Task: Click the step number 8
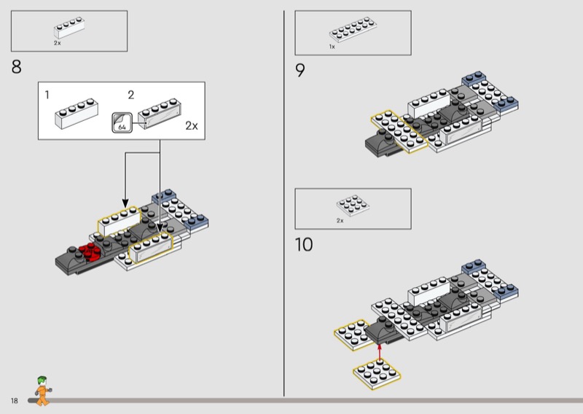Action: point(16,68)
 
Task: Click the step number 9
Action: point(300,71)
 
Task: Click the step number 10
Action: point(304,244)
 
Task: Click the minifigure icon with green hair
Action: point(42,391)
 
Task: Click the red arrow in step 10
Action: point(380,352)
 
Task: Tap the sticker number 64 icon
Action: point(120,124)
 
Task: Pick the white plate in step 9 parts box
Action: point(352,31)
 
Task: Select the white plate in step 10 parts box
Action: point(350,206)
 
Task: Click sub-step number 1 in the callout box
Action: point(47,95)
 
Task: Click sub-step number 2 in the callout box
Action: point(131,95)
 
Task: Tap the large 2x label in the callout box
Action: point(191,125)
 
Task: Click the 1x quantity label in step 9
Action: point(332,46)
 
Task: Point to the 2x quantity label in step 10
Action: point(340,219)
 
